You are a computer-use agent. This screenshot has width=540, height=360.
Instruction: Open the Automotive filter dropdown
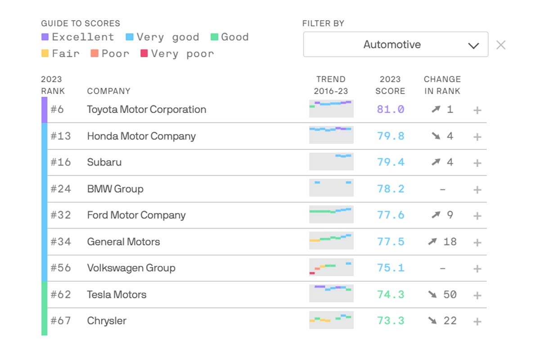tap(395, 45)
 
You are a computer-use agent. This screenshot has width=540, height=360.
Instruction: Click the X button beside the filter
tap(501, 45)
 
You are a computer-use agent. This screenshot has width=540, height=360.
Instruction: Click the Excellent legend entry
tap(77, 37)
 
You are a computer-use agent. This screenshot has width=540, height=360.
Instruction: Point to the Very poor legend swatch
tap(144, 54)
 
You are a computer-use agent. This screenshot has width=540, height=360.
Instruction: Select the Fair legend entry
tap(60, 54)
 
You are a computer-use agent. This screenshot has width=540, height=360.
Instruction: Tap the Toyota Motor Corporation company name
tap(146, 109)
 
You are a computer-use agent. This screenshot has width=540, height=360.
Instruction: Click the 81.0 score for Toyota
tap(391, 109)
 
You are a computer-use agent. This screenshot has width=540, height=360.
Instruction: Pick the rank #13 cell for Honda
tap(61, 136)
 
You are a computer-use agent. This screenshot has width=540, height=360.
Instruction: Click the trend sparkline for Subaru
tap(331, 162)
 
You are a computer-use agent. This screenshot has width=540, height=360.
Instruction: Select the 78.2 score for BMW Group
tap(391, 189)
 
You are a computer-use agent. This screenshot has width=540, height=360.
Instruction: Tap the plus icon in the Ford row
tap(477, 216)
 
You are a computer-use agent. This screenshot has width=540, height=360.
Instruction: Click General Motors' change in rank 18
tap(450, 242)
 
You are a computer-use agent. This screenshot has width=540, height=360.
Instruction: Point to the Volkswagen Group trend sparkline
tap(331, 268)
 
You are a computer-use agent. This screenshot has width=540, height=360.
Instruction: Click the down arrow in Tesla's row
tap(433, 295)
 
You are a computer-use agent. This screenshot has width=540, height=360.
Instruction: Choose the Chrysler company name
tap(107, 321)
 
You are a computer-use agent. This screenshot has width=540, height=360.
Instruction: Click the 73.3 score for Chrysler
tap(391, 321)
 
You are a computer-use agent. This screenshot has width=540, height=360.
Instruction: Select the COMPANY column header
tap(108, 91)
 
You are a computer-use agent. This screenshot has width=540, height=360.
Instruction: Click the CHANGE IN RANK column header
tap(442, 85)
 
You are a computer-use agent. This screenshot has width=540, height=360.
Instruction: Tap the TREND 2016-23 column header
tap(331, 85)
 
